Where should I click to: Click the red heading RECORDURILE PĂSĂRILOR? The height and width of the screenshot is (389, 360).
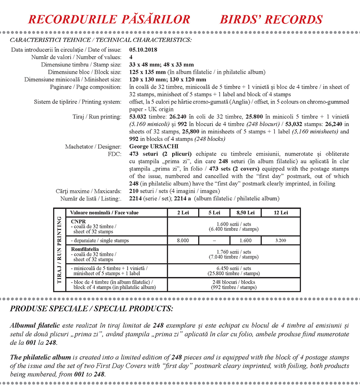(109, 19)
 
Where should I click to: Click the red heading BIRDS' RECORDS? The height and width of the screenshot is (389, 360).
(271, 19)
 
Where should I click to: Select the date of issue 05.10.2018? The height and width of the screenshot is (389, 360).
(145, 50)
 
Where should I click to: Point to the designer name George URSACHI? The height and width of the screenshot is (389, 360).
(154, 147)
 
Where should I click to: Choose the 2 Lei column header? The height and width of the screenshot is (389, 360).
(183, 213)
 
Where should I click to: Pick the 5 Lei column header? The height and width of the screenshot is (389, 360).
(214, 213)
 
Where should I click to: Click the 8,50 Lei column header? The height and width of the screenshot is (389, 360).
(245, 213)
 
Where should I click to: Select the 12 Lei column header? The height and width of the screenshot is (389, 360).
(280, 213)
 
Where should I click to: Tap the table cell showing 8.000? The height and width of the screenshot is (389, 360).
(183, 240)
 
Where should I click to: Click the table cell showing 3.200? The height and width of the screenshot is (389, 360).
(280, 240)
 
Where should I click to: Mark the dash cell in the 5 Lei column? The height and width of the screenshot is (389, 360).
(214, 240)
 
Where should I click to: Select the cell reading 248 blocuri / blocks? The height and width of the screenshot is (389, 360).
(234, 282)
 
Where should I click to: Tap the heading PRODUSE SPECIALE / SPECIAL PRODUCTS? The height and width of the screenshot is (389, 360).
(91, 309)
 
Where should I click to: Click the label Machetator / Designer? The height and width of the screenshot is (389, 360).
(93, 147)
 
